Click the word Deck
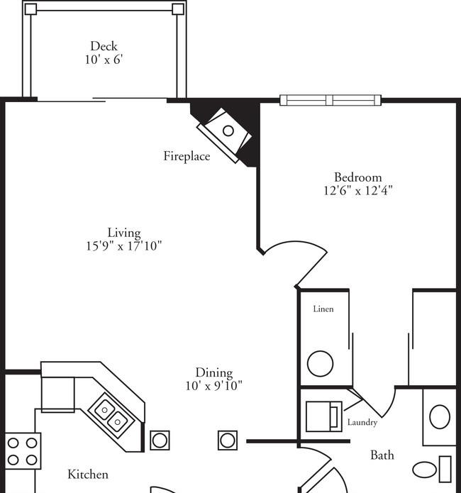click(x=104, y=47)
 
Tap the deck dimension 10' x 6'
click(x=104, y=60)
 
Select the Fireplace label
click(x=187, y=156)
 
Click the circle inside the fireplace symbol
click(x=228, y=131)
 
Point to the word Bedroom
click(x=358, y=177)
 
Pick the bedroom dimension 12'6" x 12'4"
click(x=358, y=190)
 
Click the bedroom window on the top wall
click(x=331, y=100)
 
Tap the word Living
click(x=124, y=233)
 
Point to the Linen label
click(x=323, y=309)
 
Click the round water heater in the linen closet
click(x=320, y=364)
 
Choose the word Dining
click(x=214, y=372)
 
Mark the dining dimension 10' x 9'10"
click(x=214, y=386)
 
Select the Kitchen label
click(x=88, y=474)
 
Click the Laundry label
click(x=362, y=423)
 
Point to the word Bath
click(x=382, y=455)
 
